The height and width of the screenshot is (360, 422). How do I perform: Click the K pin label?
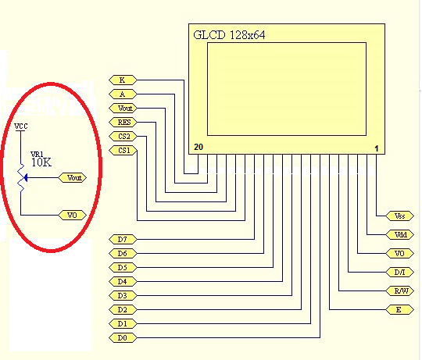[x=123, y=80]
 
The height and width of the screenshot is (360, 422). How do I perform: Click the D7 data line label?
[x=122, y=239]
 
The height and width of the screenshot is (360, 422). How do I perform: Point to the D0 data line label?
[x=122, y=337]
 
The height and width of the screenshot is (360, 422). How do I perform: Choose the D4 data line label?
[x=122, y=281]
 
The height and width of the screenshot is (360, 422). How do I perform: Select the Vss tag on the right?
[x=399, y=216]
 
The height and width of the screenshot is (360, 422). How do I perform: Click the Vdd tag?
[x=399, y=235]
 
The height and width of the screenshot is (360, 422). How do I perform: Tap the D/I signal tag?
[x=399, y=273]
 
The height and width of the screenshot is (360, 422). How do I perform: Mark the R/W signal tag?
[x=399, y=291]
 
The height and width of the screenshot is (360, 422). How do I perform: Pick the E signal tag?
[x=399, y=310]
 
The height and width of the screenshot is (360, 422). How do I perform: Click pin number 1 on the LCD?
[x=376, y=148]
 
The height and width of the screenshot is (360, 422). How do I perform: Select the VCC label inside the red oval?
[x=22, y=126]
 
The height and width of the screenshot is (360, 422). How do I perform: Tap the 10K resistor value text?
[x=41, y=162]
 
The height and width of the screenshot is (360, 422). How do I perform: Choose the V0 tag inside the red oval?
[x=73, y=215]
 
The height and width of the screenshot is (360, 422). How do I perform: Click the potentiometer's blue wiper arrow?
[x=27, y=178]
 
